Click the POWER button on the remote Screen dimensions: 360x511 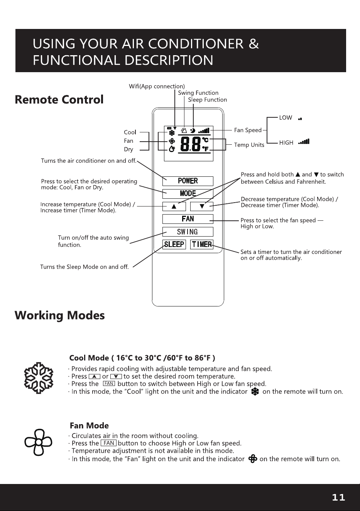(x=188, y=181)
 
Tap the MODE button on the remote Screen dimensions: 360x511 (x=188, y=194)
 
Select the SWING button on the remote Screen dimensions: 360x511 (x=188, y=232)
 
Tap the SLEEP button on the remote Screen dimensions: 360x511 (x=174, y=245)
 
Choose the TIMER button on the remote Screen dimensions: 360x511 (x=202, y=245)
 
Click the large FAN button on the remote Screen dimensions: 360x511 (x=188, y=219)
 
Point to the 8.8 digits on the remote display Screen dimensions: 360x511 (x=190, y=144)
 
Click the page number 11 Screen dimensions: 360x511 (x=338, y=497)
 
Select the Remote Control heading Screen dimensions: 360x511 (x=59, y=100)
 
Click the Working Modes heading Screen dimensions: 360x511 (x=59, y=316)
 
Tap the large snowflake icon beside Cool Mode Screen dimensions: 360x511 (x=39, y=378)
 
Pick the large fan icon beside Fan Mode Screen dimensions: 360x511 (x=39, y=443)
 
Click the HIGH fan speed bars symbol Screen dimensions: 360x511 (x=304, y=142)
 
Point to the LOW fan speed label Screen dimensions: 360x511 (x=286, y=118)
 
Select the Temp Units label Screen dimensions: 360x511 (x=249, y=145)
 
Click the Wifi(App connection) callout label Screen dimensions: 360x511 (x=157, y=86)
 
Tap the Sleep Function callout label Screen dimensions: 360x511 (x=207, y=100)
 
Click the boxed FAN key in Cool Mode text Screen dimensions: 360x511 (x=109, y=384)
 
